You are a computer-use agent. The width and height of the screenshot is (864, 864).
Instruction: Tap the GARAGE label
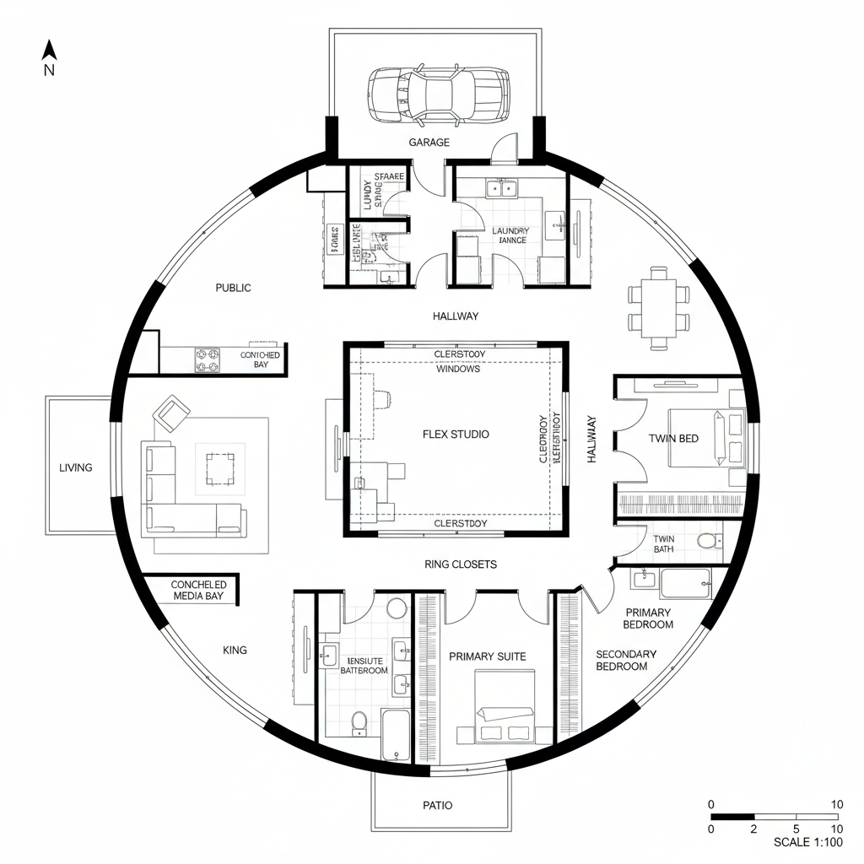[x=429, y=143]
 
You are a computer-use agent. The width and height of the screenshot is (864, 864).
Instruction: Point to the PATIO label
[x=437, y=805]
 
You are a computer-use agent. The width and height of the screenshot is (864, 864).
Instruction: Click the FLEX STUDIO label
[x=456, y=434]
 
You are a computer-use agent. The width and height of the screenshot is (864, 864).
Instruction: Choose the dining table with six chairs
[x=659, y=307]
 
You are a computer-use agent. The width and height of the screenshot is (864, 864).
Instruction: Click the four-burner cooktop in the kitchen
[x=208, y=360]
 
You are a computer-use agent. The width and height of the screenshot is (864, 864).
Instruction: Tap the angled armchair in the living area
[x=171, y=413]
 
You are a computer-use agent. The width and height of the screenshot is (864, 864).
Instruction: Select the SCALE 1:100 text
[x=807, y=842]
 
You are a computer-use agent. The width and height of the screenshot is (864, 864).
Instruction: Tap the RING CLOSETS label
[x=461, y=564]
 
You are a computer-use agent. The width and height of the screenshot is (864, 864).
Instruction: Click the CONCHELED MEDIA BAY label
[x=198, y=590]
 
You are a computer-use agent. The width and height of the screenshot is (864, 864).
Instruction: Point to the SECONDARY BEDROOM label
[x=625, y=660]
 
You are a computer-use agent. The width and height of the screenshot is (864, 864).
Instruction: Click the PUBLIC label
[x=233, y=288]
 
